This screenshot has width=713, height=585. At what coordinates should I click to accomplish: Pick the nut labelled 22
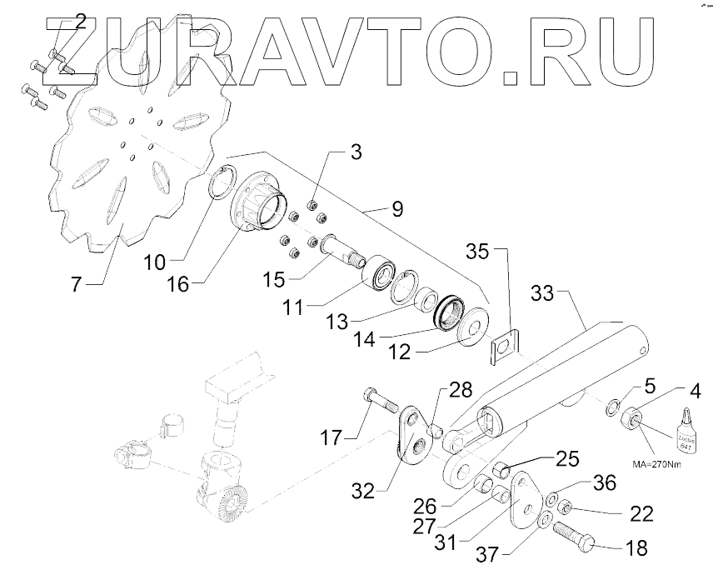(565, 506)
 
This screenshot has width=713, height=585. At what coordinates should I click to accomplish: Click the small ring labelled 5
(611, 408)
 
